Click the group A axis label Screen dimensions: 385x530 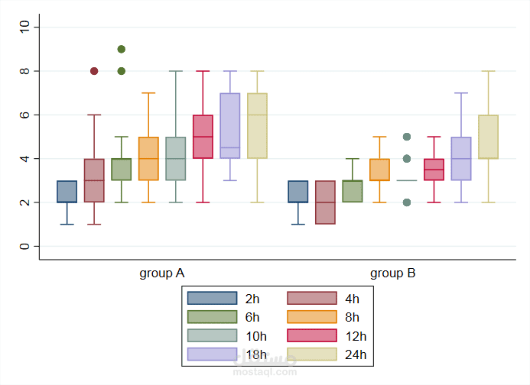161,273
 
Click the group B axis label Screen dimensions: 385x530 392,273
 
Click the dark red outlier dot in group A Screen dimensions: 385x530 94,71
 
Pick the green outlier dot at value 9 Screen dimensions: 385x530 121,49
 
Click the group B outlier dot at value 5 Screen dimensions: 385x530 407,137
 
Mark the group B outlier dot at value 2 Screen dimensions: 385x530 407,202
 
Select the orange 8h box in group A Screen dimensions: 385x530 148,159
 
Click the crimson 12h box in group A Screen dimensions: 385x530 203,137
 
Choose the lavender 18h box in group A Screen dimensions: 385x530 230,126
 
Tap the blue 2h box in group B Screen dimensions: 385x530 298,192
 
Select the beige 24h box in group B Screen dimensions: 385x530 488,137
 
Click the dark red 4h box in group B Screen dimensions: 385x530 325,202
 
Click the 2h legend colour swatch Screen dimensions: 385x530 212,299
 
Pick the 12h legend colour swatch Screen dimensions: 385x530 312,336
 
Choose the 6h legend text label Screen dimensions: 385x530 252,318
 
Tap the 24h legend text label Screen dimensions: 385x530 356,354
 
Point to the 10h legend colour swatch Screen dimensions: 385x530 212,336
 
